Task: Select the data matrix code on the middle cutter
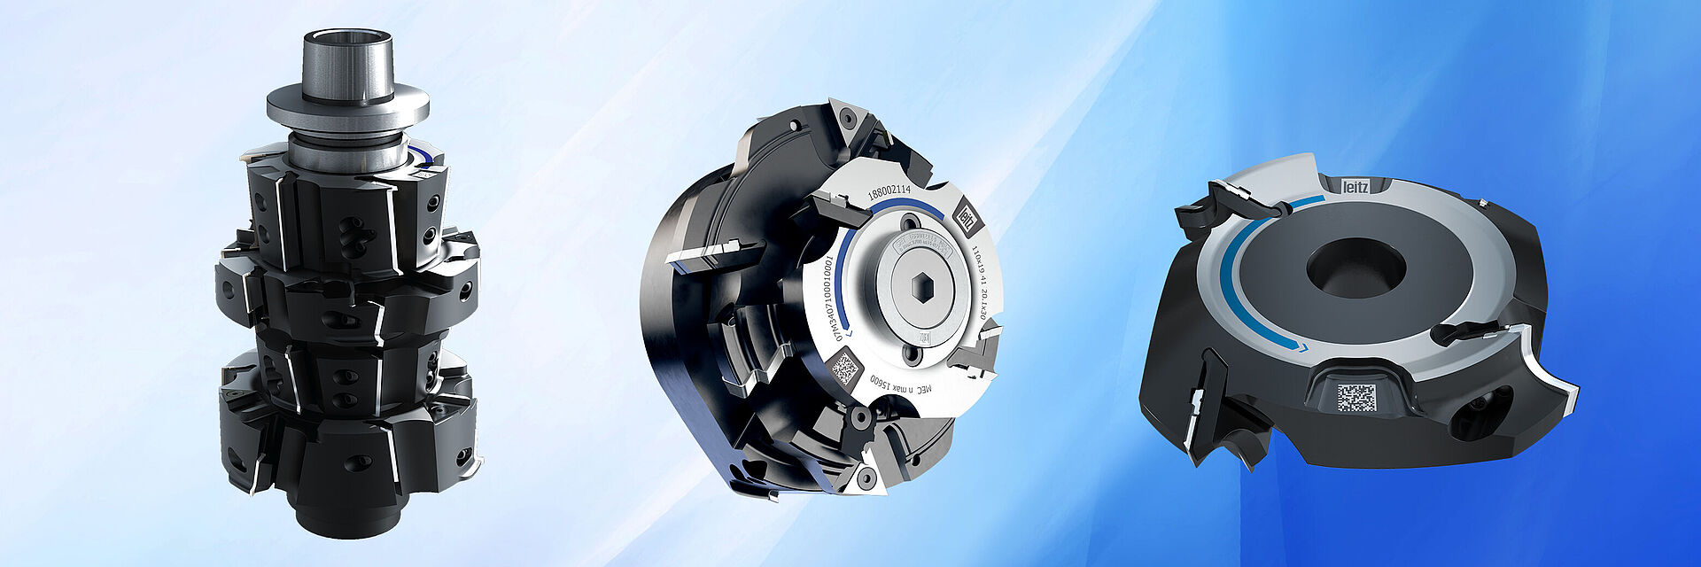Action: (845, 367)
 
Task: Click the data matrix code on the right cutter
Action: (1355, 398)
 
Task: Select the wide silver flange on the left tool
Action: (347, 105)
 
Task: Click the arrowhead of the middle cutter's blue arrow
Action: (848, 338)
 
